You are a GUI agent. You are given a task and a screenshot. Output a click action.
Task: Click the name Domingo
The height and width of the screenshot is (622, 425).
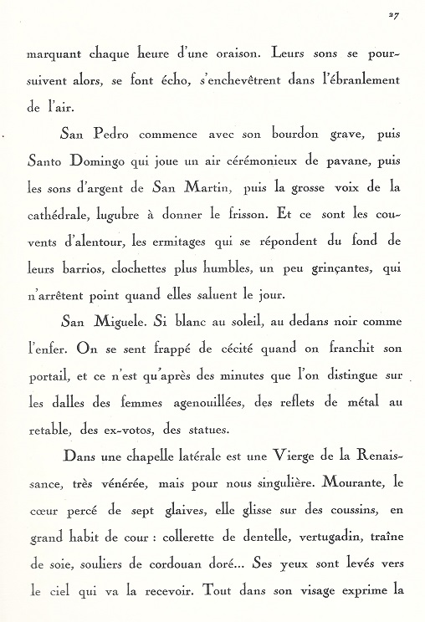click(99, 158)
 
